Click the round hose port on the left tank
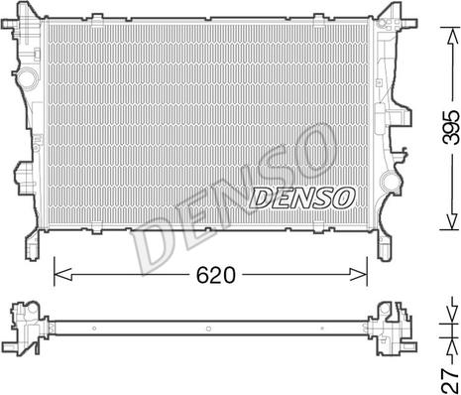point(22,77)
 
